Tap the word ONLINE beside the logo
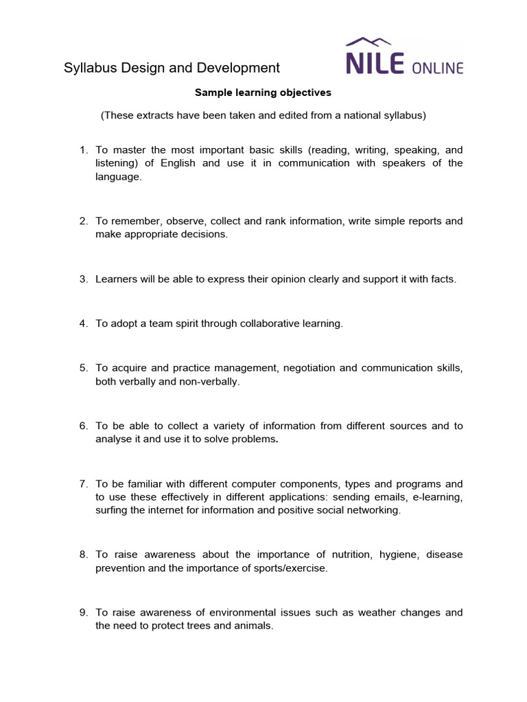438,67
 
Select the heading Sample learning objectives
263,93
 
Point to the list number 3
83,279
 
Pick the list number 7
83,484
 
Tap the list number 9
83,612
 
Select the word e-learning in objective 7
438,497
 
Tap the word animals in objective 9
255,625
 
